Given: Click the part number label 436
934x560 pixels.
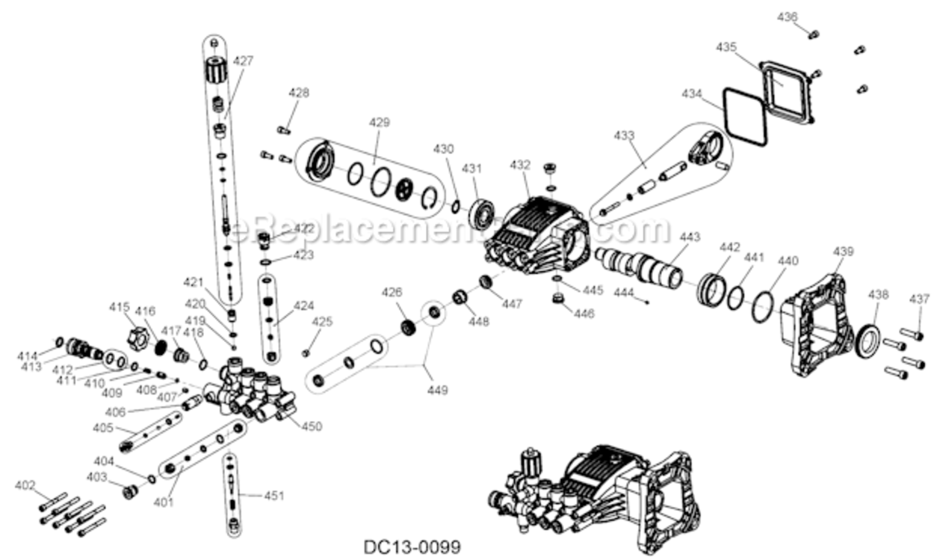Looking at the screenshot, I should [x=788, y=16].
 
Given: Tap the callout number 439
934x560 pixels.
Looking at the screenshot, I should [x=843, y=252].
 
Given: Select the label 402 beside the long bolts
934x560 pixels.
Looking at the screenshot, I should [x=25, y=485].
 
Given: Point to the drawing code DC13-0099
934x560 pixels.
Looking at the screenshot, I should [x=412, y=547].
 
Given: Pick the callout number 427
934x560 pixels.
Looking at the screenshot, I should [x=244, y=61].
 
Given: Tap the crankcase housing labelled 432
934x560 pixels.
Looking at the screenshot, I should [x=538, y=231].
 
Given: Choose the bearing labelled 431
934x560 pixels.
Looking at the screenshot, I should [x=482, y=213].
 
